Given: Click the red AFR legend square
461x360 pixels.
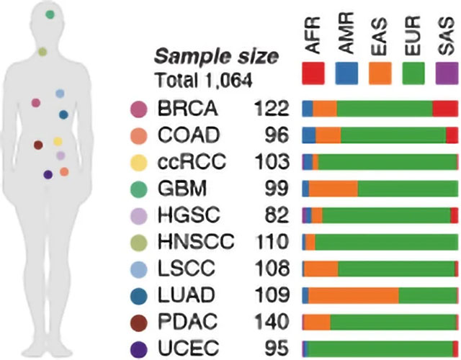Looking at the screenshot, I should tap(313, 73).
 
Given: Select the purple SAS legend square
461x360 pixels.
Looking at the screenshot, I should tap(447, 73).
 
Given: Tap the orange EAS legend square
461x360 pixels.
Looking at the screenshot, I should tap(380, 73).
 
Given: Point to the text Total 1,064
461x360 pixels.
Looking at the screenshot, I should tap(203, 81).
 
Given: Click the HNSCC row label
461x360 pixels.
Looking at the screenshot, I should tap(194, 241).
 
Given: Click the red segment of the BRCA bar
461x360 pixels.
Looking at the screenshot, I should tap(444, 109).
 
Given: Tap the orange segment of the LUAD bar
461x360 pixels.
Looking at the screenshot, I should tap(353, 294).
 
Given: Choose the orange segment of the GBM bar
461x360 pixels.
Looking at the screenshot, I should tap(333, 189).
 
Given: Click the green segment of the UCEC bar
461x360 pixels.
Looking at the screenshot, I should tap(382, 348).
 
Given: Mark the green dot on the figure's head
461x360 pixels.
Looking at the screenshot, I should tap(50, 14).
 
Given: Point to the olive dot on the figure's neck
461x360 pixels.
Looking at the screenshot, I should tap(42, 51).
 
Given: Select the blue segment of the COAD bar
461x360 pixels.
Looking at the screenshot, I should tap(309, 135).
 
